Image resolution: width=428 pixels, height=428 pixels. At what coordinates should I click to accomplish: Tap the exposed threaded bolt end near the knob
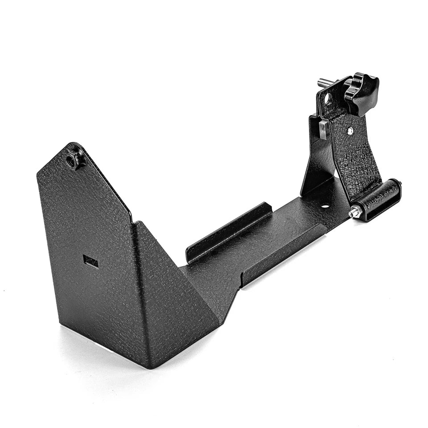325,82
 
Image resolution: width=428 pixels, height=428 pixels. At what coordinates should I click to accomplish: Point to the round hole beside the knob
329,99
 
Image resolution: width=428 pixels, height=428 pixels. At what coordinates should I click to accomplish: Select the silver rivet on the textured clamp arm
350,130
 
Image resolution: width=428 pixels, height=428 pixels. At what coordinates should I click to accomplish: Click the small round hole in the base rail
325,206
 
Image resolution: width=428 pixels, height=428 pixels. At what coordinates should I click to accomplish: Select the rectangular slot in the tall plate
91,262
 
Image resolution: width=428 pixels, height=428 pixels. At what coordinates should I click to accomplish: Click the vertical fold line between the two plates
138,290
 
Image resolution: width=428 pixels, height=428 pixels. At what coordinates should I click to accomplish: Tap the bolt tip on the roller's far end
400,182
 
